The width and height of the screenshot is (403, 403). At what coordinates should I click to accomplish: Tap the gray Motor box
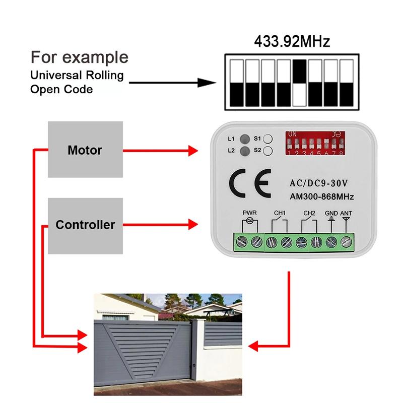tap(85, 150)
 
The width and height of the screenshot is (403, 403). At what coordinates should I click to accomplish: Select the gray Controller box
tap(85, 225)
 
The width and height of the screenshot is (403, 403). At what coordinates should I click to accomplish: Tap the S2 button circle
tap(268, 151)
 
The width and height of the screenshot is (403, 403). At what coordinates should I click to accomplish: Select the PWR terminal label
tap(249, 213)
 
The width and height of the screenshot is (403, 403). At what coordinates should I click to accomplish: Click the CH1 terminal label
tap(280, 213)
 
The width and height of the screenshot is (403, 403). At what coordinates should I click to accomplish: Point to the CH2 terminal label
tap(309, 213)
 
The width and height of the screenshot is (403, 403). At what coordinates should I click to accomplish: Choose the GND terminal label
tap(331, 213)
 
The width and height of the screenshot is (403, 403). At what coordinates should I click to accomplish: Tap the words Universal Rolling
tap(77, 76)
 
